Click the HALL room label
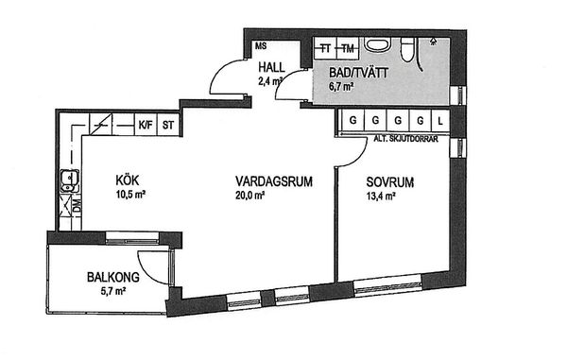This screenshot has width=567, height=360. (x=271, y=67)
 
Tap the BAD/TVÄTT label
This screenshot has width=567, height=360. (x=358, y=73)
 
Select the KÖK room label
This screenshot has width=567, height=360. (x=128, y=180)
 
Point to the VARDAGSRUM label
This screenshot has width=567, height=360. (x=274, y=181)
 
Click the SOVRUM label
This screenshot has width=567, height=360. (x=389, y=182)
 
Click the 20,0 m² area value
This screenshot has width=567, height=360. (x=249, y=196)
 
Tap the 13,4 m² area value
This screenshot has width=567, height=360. (x=381, y=197)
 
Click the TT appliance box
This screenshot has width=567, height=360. (x=325, y=48)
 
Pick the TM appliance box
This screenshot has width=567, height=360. (x=348, y=48)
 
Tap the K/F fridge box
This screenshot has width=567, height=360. (x=146, y=125)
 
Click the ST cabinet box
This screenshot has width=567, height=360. (x=168, y=125)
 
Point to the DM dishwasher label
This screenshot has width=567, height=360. (x=77, y=207)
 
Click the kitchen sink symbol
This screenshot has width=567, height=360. (x=69, y=180)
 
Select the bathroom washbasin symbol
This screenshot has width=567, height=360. (x=377, y=45)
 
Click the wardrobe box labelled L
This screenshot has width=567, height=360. (x=440, y=120)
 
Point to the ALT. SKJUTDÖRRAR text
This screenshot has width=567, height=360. (x=405, y=139)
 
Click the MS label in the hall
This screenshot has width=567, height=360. (x=261, y=46)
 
